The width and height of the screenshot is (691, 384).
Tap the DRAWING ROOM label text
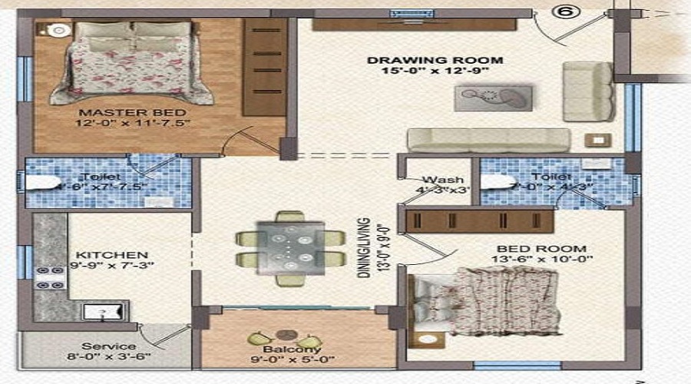pyautogui.click(x=435, y=60)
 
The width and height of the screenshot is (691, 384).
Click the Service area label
pyautogui.click(x=109, y=346)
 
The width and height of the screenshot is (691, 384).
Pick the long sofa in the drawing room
pyautogui.click(x=488, y=140)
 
